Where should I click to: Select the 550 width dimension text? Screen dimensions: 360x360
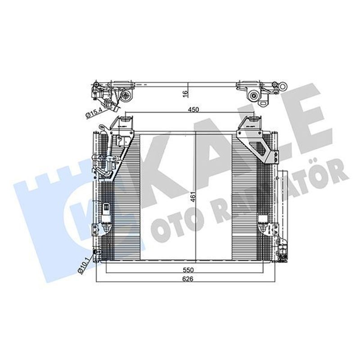coord(188,270)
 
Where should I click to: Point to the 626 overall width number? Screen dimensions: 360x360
coord(188,279)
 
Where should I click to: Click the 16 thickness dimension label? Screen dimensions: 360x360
coord(185,94)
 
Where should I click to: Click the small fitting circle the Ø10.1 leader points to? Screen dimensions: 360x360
coord(95,252)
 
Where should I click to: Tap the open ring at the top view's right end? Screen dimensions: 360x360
coord(283,87)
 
